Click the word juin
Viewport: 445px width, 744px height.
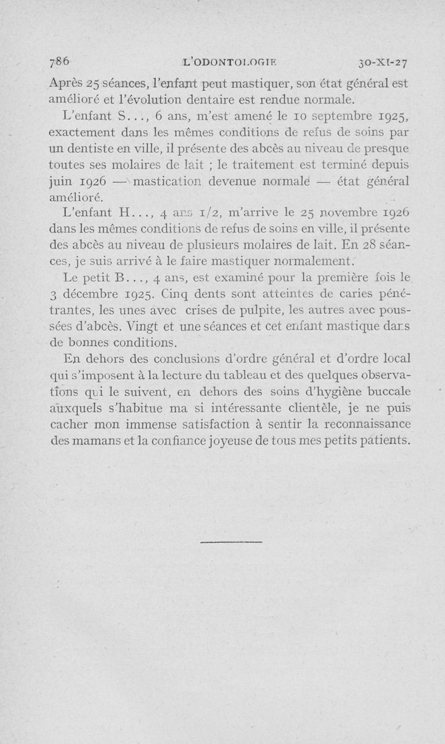[x=60, y=182]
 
